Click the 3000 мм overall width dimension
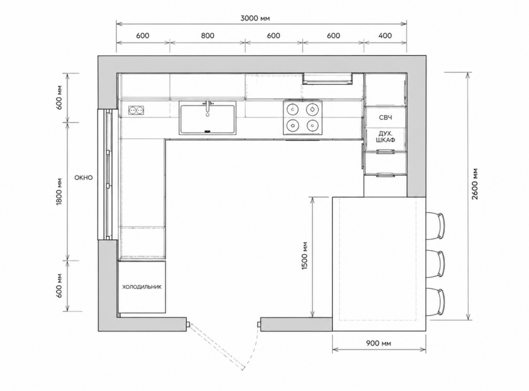[x=255, y=18]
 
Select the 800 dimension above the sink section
[x=208, y=36]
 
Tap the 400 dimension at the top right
[x=385, y=36]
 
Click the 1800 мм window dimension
[x=59, y=191]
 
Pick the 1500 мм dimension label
[x=305, y=256]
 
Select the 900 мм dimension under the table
[x=378, y=344]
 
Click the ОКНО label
[x=84, y=178]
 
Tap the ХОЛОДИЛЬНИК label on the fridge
[x=141, y=287]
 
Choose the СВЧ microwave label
[x=386, y=118]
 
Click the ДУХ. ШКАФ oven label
[x=386, y=137]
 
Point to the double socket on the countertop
[x=136, y=110]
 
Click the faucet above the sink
[x=208, y=108]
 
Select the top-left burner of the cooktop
[x=292, y=109]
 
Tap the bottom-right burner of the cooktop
[x=313, y=126]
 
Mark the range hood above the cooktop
[x=328, y=78]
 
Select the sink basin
[x=207, y=119]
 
